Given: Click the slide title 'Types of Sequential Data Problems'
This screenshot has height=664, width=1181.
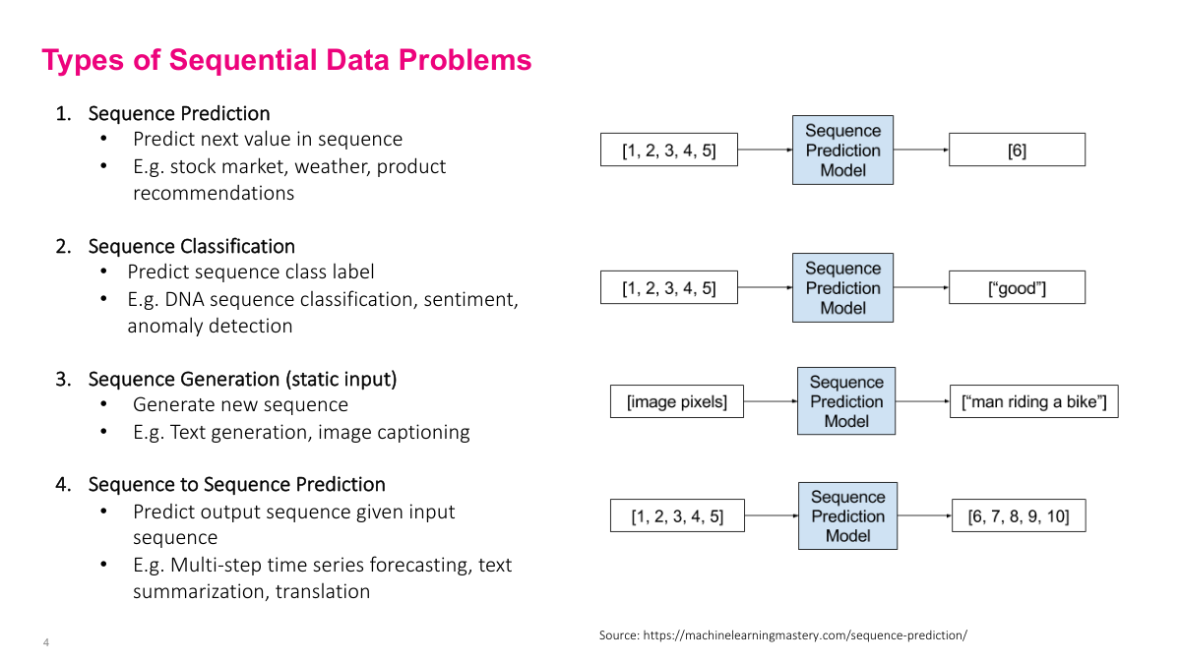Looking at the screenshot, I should (x=286, y=60).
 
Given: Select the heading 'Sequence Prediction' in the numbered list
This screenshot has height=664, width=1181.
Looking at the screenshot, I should (x=179, y=113).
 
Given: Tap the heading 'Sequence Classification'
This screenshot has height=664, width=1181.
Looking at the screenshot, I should (x=192, y=246).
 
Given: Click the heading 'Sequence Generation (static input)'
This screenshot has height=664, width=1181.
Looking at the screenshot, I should (x=242, y=379).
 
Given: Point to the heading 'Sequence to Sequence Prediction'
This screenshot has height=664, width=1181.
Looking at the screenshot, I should (x=236, y=484).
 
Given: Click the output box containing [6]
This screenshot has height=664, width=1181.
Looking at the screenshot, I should (x=1017, y=151).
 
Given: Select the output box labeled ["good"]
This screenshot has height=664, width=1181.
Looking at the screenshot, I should (x=1017, y=287).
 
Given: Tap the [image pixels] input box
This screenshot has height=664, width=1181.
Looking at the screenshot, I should (x=677, y=401).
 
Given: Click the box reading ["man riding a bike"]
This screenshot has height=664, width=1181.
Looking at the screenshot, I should (x=1033, y=401).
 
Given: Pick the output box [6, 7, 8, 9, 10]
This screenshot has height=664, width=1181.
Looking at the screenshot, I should (x=1019, y=515).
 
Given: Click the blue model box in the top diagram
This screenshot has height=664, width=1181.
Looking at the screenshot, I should (x=842, y=150).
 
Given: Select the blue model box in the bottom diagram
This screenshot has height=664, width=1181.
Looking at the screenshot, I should (x=847, y=515).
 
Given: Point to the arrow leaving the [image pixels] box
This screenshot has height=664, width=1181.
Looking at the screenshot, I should (x=771, y=401).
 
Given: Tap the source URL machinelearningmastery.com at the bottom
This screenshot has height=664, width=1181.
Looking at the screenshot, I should (x=805, y=635).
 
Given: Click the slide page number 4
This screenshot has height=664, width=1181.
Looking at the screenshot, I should (x=46, y=643).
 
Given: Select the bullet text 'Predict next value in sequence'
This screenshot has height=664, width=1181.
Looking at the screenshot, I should (x=268, y=140).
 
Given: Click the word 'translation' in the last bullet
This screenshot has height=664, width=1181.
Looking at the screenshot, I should (x=323, y=591).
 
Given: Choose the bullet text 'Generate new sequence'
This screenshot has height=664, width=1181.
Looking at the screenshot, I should (x=240, y=404).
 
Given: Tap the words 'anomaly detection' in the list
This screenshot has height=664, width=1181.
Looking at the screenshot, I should (x=210, y=326).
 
